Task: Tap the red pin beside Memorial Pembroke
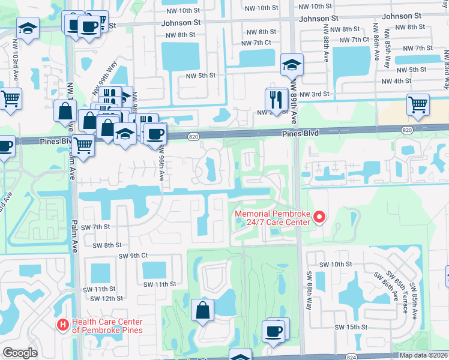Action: tap(319, 217)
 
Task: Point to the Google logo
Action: tap(20, 353)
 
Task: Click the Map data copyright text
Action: tap(423, 355)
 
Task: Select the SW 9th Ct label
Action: tap(133, 255)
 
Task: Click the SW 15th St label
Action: tap(351, 326)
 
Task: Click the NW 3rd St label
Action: tap(315, 94)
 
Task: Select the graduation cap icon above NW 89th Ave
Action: tap(292, 65)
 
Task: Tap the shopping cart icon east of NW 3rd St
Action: tap(418, 104)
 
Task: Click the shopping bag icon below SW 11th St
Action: tap(203, 310)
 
